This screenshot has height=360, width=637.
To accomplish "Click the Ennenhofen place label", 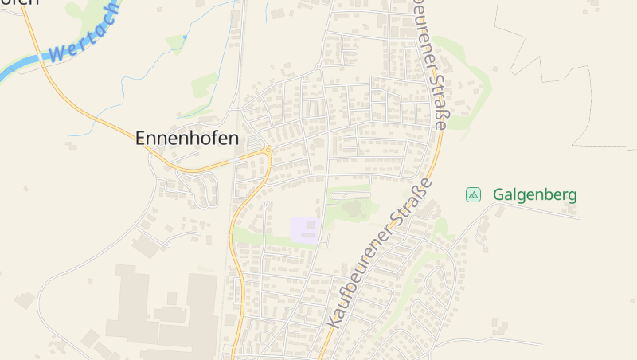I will coord(187,138).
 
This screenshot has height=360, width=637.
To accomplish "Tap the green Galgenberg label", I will coord(534,194).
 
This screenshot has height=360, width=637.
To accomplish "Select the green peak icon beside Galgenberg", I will coord(473,194).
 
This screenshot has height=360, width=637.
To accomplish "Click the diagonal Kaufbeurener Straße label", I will coord(381,252).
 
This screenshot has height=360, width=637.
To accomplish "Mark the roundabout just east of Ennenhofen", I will coord(268,150).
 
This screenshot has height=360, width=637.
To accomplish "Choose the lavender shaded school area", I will coord(305,229).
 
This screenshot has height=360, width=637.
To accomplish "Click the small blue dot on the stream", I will coord(185,37).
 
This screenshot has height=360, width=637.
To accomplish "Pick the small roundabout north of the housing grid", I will coord(318,65).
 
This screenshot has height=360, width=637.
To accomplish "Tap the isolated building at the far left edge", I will coord(24,300).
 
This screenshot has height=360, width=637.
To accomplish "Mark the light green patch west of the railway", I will coord(205,84).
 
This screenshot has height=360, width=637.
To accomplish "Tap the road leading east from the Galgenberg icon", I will coord(541,209).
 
